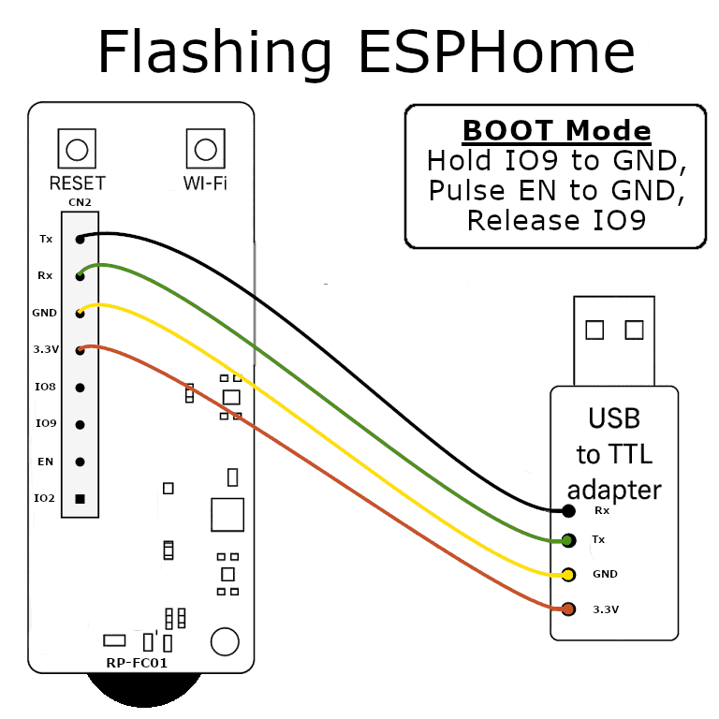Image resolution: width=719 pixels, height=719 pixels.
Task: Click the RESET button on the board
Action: [77, 149]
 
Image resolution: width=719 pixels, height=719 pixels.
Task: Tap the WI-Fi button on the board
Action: [205, 149]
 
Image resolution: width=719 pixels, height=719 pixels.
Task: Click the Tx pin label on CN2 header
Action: [46, 239]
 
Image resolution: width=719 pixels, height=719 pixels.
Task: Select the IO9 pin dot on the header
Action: [81, 424]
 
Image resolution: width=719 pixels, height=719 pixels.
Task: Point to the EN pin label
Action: [46, 462]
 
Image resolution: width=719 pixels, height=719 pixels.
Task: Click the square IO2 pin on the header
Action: [81, 498]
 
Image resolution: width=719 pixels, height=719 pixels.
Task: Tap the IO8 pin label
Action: [46, 387]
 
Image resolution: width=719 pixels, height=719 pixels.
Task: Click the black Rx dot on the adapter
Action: [568, 511]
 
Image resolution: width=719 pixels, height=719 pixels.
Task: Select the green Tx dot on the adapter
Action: [568, 540]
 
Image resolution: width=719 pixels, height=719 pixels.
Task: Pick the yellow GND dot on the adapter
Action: [568, 574]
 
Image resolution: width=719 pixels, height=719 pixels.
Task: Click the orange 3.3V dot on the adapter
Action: [568, 609]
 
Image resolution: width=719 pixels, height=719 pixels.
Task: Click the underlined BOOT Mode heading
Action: [556, 130]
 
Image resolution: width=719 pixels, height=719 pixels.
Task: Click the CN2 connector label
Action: [80, 202]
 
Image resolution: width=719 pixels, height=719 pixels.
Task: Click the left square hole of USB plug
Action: [594, 330]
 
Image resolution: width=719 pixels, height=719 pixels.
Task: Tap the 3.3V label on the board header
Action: [45, 350]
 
